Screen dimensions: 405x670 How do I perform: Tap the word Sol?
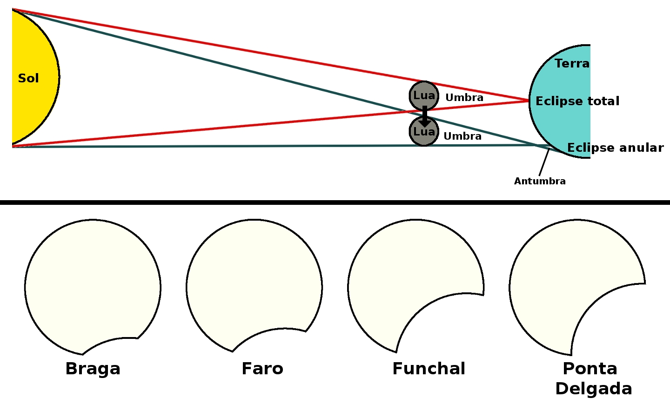point(28,78)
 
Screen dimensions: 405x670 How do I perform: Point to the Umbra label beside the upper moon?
point(464,98)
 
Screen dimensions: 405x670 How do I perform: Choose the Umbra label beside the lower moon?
point(462,136)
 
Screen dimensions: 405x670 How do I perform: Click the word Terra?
point(572,63)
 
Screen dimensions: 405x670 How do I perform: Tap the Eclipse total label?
point(577,101)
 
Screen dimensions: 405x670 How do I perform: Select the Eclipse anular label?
point(615,148)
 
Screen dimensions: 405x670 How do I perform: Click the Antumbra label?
point(540,181)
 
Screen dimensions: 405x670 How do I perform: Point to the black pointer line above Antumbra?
point(544,162)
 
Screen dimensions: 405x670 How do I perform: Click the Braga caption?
point(93,369)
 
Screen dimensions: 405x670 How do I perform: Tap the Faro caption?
point(262,369)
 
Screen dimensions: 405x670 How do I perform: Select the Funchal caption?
point(429,369)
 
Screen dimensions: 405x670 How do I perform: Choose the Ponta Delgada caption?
point(592,378)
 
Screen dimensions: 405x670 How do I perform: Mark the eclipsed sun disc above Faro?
point(251,279)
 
